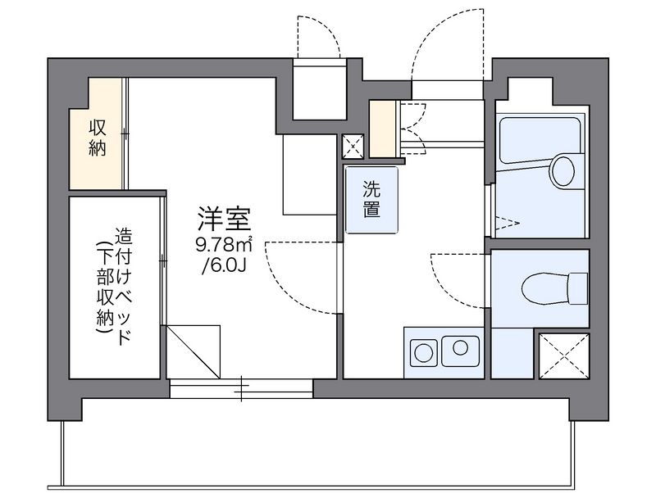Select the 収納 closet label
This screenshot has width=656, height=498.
[98, 138]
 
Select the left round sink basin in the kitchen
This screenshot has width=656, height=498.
[423, 352]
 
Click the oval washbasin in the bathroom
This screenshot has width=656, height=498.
[563, 170]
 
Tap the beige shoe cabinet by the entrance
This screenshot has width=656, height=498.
[382, 129]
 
